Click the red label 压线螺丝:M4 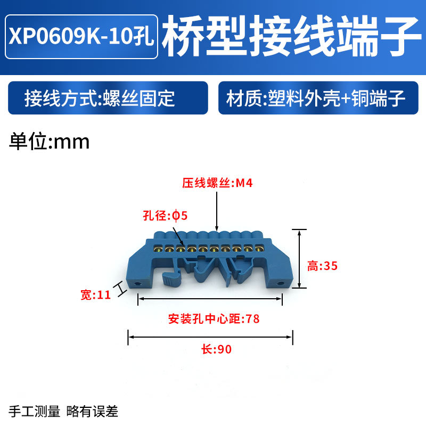tap(217, 184)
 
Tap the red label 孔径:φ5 tap(166, 216)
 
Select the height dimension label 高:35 tap(323, 266)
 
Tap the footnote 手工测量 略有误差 tap(63, 411)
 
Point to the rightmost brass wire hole tap(259, 248)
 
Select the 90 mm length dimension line tap(210, 336)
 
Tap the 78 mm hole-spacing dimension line tap(210, 300)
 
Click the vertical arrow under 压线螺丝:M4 tap(217, 210)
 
